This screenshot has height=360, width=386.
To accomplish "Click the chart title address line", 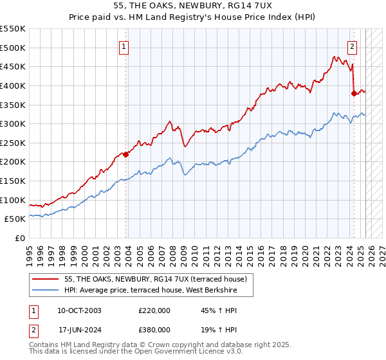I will [193, 6].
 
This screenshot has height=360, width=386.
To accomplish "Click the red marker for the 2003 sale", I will [126, 154].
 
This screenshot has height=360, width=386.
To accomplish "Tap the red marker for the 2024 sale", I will [354, 93].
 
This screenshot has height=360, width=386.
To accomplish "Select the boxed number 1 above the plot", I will [124, 46].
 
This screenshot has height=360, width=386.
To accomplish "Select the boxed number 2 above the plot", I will [353, 46].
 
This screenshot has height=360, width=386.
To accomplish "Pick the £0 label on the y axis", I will [20, 238].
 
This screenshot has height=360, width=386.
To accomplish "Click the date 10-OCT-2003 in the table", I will [79, 310].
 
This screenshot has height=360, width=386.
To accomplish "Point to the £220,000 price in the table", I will [154, 310].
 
